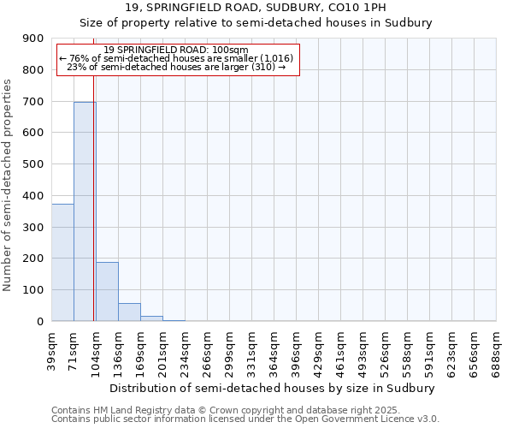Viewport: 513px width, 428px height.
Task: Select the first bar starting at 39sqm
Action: pos(62,262)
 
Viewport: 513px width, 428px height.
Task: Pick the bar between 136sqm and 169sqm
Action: pos(129,312)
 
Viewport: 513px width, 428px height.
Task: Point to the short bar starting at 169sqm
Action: pos(151,318)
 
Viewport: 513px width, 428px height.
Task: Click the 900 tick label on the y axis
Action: pos(33,39)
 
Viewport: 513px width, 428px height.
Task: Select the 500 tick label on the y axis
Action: pos(33,164)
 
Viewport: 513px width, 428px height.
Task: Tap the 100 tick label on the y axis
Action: pos(33,290)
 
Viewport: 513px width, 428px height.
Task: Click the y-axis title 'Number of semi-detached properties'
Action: pos(9,185)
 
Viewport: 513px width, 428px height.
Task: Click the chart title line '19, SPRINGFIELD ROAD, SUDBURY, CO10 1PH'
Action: pos(256,8)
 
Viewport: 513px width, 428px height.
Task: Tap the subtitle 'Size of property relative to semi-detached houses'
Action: pos(256,23)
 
